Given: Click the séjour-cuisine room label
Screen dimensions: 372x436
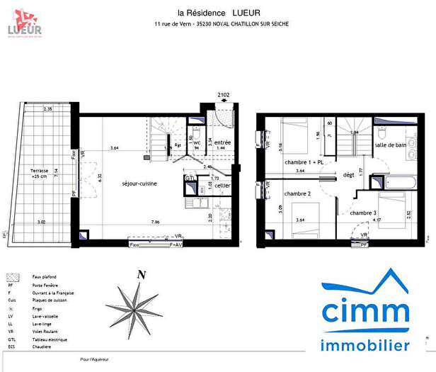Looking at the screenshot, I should click(x=140, y=183).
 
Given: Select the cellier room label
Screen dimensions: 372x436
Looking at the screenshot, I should click(x=222, y=186).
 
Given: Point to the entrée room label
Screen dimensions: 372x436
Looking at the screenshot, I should click(x=223, y=142).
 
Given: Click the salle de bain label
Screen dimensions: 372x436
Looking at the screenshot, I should click(x=391, y=146).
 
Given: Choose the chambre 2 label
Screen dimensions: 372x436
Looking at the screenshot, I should click(x=297, y=193).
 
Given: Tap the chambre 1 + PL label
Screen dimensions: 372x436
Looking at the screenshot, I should click(x=304, y=162).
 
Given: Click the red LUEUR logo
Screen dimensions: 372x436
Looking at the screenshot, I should click(x=23, y=22).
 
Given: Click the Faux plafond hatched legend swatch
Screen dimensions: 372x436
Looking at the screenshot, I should click(x=11, y=277).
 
